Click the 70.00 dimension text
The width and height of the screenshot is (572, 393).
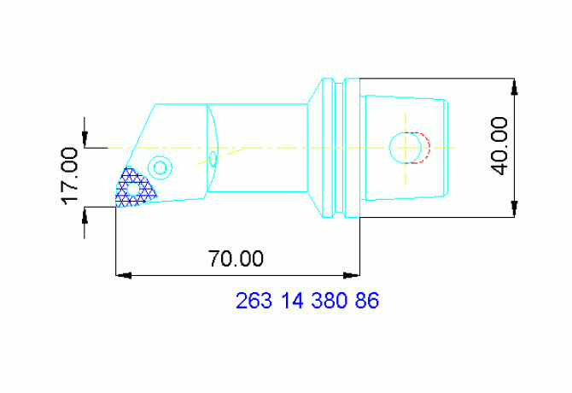236,258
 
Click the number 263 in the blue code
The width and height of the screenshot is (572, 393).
252,301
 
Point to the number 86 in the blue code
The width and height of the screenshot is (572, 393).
367,301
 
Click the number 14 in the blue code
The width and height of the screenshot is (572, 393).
289,301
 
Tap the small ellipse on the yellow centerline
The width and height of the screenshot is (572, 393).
213,158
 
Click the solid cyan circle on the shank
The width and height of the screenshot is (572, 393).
404,147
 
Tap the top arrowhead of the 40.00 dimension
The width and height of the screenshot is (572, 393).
515,86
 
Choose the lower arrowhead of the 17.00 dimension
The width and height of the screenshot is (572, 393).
85,213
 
